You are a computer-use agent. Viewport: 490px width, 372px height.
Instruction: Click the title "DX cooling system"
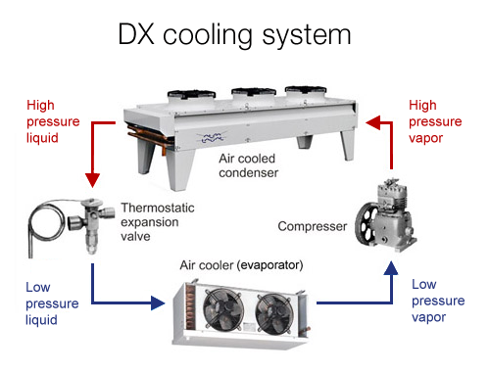234,35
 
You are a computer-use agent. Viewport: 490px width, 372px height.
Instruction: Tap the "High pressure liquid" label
53,121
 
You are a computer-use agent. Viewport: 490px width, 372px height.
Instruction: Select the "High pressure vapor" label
435,121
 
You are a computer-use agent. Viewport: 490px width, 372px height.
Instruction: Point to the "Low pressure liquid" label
52,303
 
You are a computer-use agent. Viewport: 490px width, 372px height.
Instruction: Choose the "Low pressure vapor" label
438,301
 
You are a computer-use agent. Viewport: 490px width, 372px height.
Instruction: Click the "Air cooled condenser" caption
249,165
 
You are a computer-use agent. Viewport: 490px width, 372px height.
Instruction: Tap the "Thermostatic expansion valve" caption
158,222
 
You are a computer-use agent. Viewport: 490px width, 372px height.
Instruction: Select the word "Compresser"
313,226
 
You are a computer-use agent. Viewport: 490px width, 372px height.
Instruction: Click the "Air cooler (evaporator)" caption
241,265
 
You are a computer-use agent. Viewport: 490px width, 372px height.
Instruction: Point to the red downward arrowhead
92,180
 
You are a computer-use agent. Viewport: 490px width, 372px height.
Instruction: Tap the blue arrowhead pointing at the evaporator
158,302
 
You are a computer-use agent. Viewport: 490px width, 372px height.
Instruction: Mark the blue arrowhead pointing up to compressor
391,267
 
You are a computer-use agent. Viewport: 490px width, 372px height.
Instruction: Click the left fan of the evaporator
223,309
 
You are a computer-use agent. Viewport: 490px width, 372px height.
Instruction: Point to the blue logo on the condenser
212,138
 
